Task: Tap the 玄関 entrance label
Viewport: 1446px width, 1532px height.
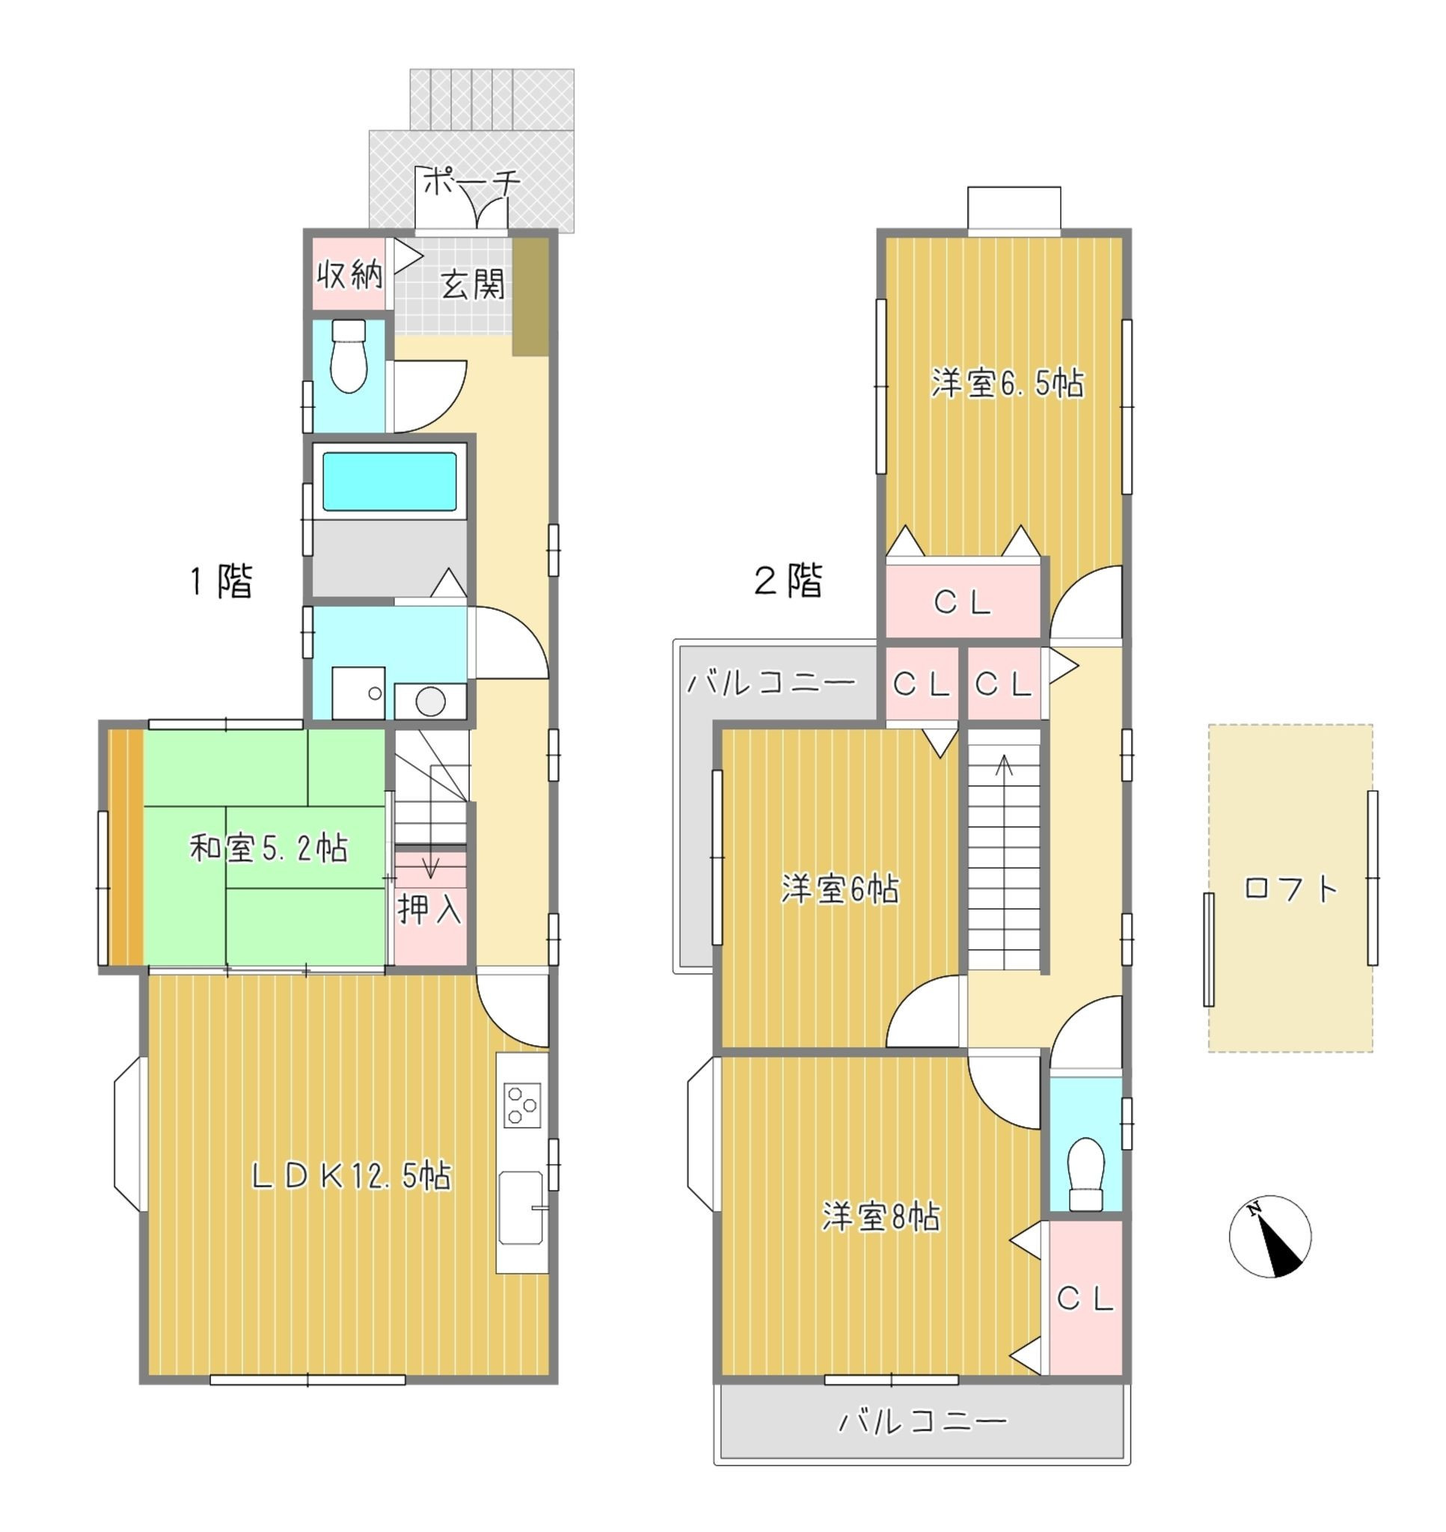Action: [x=474, y=284]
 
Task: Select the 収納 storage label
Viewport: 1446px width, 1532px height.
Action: [x=351, y=274]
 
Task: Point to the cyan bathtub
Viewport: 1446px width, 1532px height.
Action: [x=389, y=481]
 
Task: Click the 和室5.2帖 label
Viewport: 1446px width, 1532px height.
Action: [x=269, y=849]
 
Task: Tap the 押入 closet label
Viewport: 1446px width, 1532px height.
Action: [x=430, y=910]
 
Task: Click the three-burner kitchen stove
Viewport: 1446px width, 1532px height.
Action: [x=523, y=1106]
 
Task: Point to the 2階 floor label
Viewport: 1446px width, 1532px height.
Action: [x=788, y=580]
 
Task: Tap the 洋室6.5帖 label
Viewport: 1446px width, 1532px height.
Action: [x=1008, y=383]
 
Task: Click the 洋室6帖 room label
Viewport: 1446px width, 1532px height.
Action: [x=840, y=889]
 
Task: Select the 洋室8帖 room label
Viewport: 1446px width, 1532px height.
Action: [x=881, y=1218]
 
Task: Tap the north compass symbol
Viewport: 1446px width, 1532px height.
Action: [x=1269, y=1237]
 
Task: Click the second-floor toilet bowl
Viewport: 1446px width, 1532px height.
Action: [x=1087, y=1173]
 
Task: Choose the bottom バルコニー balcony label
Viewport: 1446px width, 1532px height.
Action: [x=922, y=1421]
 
